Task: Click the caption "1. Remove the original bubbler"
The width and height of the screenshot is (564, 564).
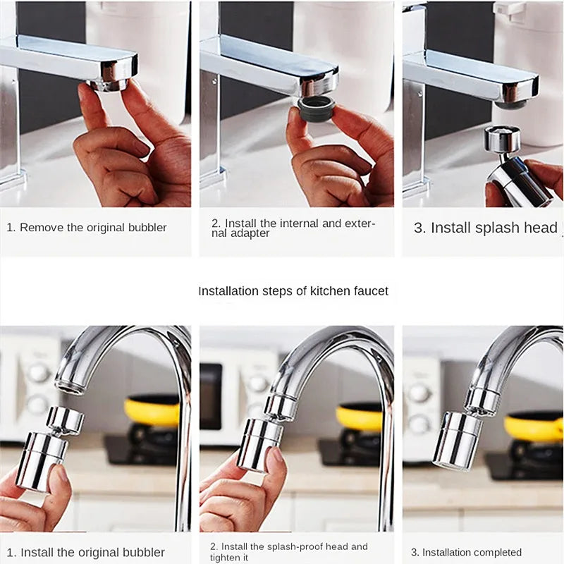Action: click(87, 228)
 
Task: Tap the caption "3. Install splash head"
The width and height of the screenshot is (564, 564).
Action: click(485, 228)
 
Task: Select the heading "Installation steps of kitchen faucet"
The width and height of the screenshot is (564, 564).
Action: click(293, 290)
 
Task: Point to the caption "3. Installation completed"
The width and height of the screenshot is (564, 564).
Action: click(466, 552)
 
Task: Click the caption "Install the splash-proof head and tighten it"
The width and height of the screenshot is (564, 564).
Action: click(288, 551)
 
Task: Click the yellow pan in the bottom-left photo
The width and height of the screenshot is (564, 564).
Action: click(152, 411)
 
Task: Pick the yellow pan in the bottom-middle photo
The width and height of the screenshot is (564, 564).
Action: click(360, 416)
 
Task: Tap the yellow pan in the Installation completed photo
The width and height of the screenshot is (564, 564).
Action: click(534, 426)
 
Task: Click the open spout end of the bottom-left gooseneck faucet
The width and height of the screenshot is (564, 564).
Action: click(70, 385)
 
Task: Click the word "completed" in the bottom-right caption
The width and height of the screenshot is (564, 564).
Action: click(497, 552)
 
